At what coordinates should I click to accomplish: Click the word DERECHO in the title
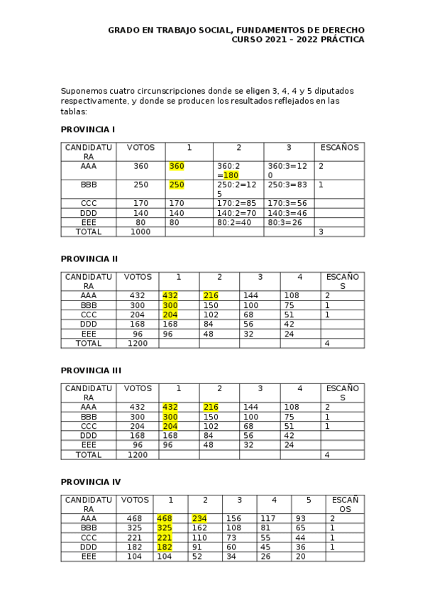point(341,30)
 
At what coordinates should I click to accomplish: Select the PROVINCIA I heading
point(88,129)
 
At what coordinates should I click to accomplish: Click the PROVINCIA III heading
point(91,370)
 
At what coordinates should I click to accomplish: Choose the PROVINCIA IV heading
point(91,482)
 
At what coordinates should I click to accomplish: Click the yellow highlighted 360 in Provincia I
point(176,165)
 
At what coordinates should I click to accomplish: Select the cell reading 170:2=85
point(237,203)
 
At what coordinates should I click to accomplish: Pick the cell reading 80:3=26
point(287,222)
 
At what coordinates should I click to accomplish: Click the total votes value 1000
point(140,231)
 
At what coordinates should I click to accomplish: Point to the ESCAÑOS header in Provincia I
point(339,148)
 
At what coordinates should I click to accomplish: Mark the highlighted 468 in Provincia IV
point(165,518)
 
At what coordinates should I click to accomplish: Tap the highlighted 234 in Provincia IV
point(199,518)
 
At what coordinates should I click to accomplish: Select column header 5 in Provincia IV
point(309,500)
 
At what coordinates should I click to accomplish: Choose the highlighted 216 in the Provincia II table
point(211,295)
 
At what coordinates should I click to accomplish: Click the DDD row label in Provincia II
point(88,324)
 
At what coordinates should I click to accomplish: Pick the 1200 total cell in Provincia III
point(138,454)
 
